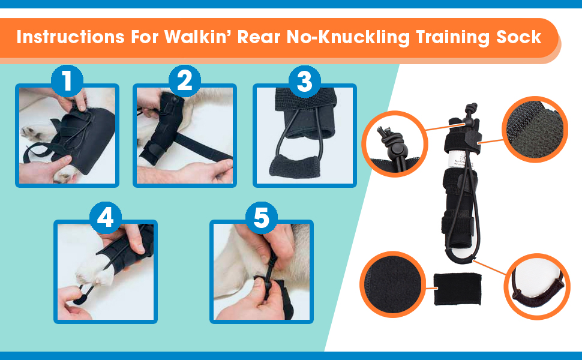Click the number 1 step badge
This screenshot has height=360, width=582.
67,80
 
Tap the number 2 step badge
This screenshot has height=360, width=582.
185,80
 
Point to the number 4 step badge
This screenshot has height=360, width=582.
105,217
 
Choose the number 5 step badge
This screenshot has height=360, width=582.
261,218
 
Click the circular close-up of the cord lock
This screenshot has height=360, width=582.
394,143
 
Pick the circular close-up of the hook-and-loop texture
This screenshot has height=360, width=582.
534,129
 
